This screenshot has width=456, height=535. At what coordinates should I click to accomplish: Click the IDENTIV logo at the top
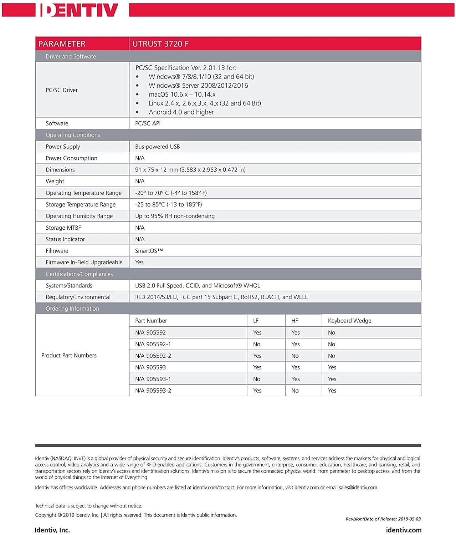79,10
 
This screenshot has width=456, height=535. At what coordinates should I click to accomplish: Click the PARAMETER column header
62,44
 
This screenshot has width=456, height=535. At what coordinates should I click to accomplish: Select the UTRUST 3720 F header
160,44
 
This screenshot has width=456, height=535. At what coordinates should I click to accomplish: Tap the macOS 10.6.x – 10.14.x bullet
182,95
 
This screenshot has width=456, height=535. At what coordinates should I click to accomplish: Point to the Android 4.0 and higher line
181,112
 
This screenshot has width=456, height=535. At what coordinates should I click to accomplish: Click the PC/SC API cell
148,123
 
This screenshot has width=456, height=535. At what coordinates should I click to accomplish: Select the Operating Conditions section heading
73,135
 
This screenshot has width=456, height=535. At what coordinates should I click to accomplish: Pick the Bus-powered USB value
157,147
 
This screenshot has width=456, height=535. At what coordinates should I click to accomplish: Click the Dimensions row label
60,170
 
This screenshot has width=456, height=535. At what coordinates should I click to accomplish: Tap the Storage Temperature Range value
168,204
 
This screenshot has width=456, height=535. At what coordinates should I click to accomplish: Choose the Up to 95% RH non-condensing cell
175,216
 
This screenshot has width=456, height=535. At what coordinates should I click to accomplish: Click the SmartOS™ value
149,251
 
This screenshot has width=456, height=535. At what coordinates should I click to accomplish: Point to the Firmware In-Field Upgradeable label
84,263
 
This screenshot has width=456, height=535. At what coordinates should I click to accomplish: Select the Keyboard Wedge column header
349,321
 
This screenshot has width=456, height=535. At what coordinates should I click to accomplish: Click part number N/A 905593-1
153,379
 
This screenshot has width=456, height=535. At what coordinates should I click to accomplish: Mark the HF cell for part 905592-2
295,356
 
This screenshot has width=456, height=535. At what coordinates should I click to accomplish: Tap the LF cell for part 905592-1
257,345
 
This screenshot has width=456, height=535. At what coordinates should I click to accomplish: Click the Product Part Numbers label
69,356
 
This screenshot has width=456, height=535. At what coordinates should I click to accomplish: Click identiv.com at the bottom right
404,530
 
